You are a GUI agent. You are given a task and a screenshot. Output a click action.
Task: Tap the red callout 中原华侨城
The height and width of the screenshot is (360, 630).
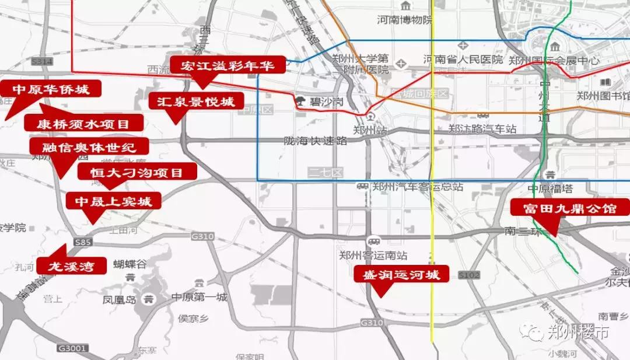pos(51,89)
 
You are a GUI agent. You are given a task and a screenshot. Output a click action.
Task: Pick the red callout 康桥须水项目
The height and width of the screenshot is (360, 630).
pos(83,123)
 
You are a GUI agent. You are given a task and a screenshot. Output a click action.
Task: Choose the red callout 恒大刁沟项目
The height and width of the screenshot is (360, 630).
pos(138,172)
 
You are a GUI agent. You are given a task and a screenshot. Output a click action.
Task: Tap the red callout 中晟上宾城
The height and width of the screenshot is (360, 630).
pos(113,201)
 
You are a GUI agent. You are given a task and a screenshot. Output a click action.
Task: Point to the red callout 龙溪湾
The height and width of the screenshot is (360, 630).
pos(72,265)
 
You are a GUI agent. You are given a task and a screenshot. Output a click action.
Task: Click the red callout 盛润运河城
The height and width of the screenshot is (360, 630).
pos(402,274)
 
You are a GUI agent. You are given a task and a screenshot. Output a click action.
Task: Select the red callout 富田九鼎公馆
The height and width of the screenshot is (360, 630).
pos(570,208)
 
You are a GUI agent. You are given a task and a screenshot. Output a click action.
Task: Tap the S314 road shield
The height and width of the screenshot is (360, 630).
pos(43,61)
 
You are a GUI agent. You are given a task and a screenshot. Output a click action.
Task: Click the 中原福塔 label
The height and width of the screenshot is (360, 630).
pos(549,188)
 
